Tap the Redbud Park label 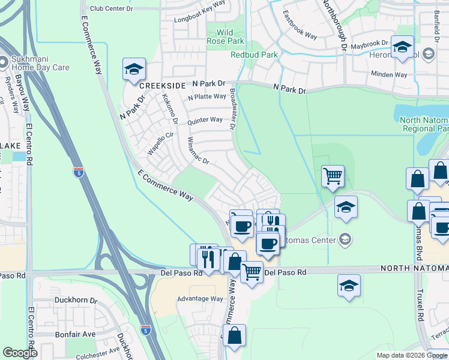click(x=254, y=55)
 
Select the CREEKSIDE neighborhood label click(x=160, y=86)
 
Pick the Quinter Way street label click(x=205, y=120)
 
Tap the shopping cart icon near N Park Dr click(x=333, y=176)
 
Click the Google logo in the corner click(x=20, y=353)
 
